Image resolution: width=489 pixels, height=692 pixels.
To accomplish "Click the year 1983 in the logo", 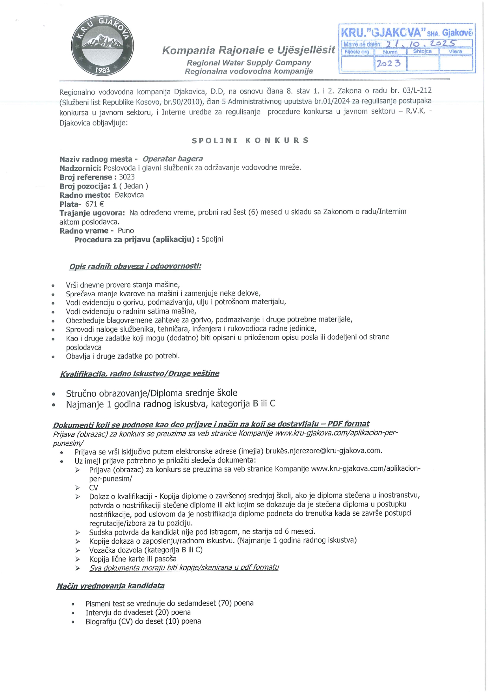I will click(x=102, y=70).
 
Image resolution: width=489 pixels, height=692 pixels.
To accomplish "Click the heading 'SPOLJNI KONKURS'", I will click(x=250, y=140).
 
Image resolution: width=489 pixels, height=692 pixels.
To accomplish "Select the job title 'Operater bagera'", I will click(x=173, y=159).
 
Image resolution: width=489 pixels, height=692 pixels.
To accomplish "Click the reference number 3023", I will click(x=127, y=177).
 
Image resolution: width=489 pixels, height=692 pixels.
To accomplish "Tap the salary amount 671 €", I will click(x=95, y=204).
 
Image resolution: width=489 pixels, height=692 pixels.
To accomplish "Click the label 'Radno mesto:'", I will click(x=85, y=195).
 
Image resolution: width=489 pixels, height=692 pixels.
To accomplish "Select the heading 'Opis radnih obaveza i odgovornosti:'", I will click(x=135, y=266).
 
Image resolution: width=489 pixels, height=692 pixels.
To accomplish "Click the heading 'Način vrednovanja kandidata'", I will click(x=110, y=586).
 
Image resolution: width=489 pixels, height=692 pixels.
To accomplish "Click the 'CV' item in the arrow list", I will click(x=94, y=488).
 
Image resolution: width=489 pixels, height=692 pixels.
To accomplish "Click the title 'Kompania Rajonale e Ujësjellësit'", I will click(x=249, y=50).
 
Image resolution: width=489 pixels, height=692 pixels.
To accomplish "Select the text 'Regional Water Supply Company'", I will click(x=249, y=63).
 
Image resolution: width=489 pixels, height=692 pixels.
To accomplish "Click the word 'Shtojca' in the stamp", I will click(x=422, y=51).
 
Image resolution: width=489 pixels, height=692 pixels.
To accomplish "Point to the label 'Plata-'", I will click(x=70, y=204).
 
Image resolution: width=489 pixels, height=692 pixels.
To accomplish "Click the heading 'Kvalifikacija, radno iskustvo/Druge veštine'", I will click(x=139, y=374).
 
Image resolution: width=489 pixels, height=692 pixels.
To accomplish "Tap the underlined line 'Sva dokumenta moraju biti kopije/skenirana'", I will click(x=184, y=568).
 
